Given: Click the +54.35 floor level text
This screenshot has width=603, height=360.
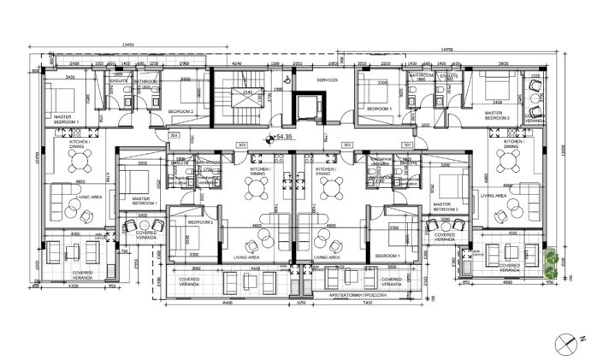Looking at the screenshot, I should [285, 137].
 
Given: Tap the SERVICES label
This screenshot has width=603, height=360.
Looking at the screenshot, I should [328, 80].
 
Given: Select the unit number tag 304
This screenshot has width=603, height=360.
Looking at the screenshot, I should [174, 135].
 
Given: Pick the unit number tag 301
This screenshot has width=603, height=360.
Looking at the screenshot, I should [407, 145].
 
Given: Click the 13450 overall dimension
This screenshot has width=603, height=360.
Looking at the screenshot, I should [129, 44].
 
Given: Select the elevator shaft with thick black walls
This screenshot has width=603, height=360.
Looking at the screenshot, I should [305, 107].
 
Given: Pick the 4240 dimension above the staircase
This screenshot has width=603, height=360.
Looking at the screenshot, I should [237, 63].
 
